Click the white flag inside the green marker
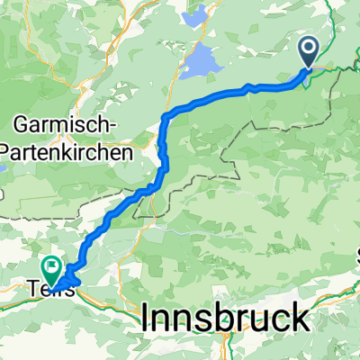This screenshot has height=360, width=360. [x=50, y=265]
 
